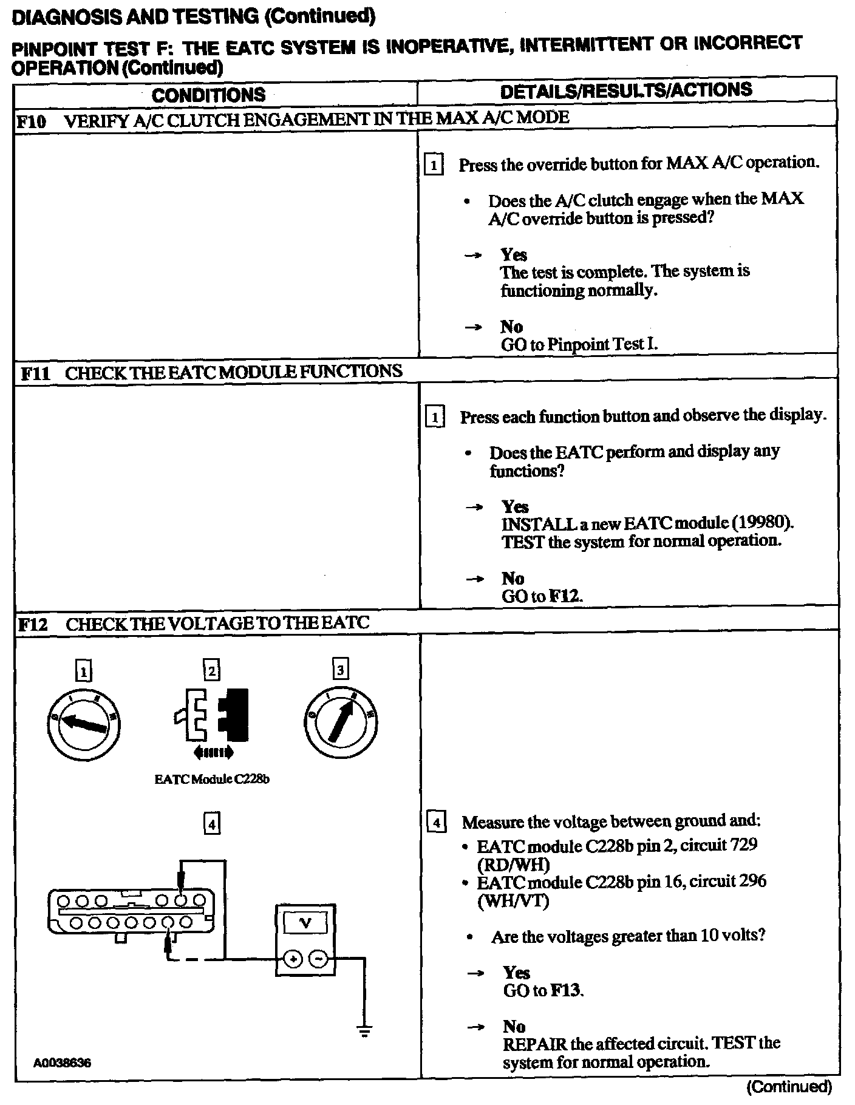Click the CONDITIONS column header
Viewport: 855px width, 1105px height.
[208, 95]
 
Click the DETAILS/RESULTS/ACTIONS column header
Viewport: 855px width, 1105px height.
[626, 90]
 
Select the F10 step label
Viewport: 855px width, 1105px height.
[31, 121]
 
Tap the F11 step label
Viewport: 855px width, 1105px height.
[35, 373]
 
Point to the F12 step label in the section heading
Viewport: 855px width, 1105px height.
[33, 625]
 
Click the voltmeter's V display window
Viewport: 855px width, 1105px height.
[305, 923]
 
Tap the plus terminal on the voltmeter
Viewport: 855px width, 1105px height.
[293, 959]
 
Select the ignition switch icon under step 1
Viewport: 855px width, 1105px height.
[84, 722]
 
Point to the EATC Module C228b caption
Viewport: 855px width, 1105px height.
[212, 780]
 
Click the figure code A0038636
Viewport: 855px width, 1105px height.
[63, 1063]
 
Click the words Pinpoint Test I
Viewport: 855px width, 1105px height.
[602, 345]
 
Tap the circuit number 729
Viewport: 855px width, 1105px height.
[741, 845]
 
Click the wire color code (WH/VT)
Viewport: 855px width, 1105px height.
[514, 901]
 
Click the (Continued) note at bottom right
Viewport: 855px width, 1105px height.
[789, 1086]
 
